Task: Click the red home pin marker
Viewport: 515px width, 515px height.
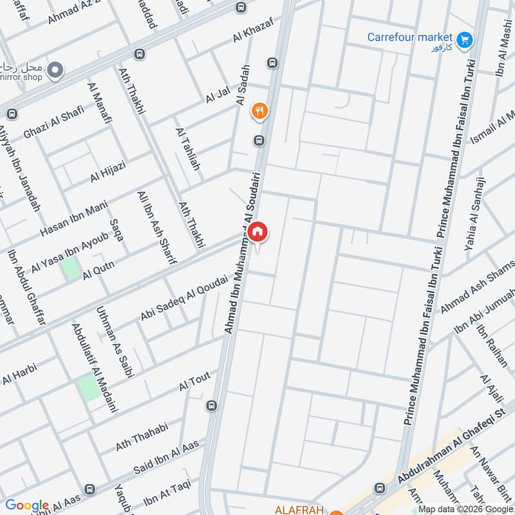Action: tap(257, 232)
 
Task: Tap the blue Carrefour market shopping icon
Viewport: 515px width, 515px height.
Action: tap(465, 41)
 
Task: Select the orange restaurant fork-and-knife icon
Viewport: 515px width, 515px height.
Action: tap(259, 111)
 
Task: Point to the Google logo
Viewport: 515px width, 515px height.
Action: tap(27, 505)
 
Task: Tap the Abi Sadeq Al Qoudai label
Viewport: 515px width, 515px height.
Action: tap(184, 297)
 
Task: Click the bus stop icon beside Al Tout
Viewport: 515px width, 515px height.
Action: tap(212, 406)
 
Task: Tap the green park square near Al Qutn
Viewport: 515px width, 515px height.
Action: tap(71, 268)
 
